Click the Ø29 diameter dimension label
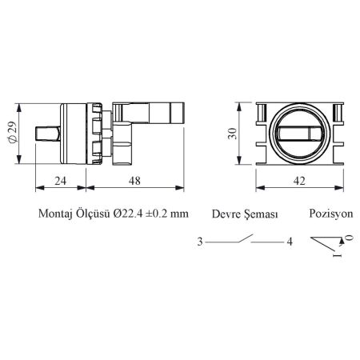pyautogui.click(x=12, y=134)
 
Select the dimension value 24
pyautogui.click(x=61, y=181)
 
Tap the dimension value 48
pyautogui.click(x=134, y=181)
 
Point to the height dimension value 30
pyautogui.click(x=232, y=134)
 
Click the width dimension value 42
pyautogui.click(x=299, y=181)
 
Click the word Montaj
pyautogui.click(x=55, y=214)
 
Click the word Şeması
pyautogui.click(x=262, y=214)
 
